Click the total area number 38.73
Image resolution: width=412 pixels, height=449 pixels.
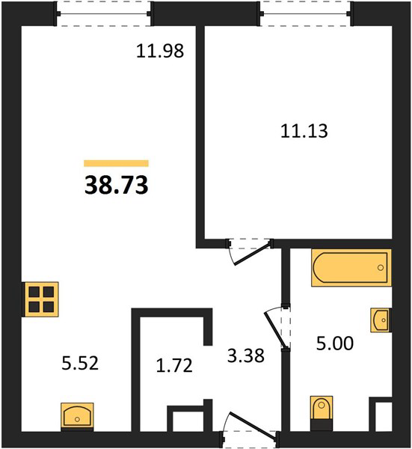point(117,185)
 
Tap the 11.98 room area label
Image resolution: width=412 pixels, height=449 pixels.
point(160,51)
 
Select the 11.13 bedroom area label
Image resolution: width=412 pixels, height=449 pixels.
point(304,131)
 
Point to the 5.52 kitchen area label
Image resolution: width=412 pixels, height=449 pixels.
point(80,363)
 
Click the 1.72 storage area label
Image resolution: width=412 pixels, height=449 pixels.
point(174,366)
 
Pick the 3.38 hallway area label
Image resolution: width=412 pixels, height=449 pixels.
point(246,356)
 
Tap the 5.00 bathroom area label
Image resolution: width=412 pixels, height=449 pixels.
point(335,343)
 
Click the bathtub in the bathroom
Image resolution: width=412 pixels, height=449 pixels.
point(351,268)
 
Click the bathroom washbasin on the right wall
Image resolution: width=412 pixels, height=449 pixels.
point(381,320)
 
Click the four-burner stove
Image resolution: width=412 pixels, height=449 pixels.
point(41,299)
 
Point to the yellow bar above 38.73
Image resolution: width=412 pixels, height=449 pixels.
point(116,163)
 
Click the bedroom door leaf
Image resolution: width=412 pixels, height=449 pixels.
point(252,254)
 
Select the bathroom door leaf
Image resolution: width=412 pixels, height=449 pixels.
point(275,330)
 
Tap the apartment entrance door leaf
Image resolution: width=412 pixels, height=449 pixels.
point(253,425)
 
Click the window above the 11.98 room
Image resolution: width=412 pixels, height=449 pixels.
point(103,13)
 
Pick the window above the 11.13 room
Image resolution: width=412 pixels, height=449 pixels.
point(306,13)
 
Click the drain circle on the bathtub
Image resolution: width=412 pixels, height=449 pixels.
point(381,268)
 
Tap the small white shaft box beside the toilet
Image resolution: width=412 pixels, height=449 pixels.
point(384,416)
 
